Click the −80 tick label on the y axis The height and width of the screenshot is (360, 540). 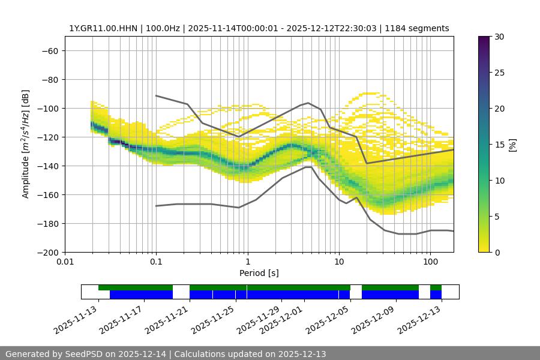tap(49, 80)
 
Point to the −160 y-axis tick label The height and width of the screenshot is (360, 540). tap(47, 195)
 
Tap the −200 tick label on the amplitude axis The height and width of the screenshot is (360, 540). tap(47, 253)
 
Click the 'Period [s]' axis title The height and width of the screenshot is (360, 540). tap(259, 273)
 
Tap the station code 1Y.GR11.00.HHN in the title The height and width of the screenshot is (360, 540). tap(103, 28)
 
